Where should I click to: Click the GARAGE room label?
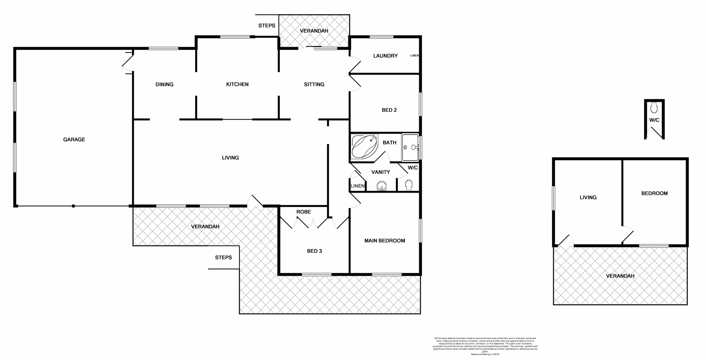pyautogui.click(x=74, y=139)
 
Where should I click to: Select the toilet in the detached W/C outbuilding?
pyautogui.click(x=654, y=108)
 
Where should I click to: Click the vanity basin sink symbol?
pyautogui.click(x=382, y=187)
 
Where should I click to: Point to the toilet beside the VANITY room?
pyautogui.click(x=408, y=185)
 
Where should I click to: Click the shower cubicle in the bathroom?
pyautogui.click(x=410, y=147)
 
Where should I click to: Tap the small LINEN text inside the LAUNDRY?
pyautogui.click(x=414, y=56)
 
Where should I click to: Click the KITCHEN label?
pyautogui.click(x=237, y=84)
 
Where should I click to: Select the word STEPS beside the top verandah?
pyautogui.click(x=267, y=25)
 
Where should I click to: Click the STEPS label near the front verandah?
pyautogui.click(x=223, y=257)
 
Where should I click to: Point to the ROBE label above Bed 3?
pyautogui.click(x=303, y=212)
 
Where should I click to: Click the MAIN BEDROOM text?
pyautogui.click(x=385, y=240)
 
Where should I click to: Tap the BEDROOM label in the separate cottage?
pyautogui.click(x=654, y=193)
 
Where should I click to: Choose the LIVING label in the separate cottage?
pyautogui.click(x=588, y=197)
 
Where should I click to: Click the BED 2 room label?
pyautogui.click(x=389, y=110)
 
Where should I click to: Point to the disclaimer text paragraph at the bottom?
pyautogui.click(x=485, y=346)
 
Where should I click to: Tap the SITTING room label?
pyautogui.click(x=314, y=84)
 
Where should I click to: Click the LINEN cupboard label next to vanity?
pyautogui.click(x=357, y=186)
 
